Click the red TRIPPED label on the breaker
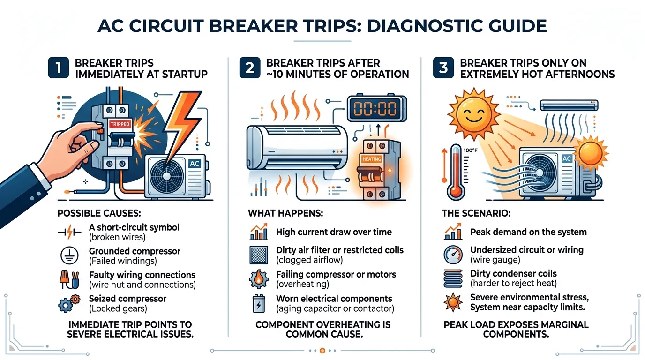click(x=120, y=124)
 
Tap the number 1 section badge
click(x=59, y=67)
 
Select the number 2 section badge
click(x=250, y=67)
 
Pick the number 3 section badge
click(x=443, y=67)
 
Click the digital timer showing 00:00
click(x=376, y=109)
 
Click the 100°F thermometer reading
click(x=471, y=150)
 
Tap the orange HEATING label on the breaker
click(x=371, y=159)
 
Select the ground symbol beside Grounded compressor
click(x=69, y=255)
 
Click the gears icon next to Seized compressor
click(x=69, y=304)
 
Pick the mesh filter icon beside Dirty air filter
click(x=259, y=255)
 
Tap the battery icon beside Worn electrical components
click(x=259, y=304)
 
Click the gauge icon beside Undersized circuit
click(x=453, y=255)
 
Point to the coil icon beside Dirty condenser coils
click(x=453, y=278)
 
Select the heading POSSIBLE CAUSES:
click(x=99, y=213)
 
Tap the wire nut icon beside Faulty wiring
click(x=69, y=280)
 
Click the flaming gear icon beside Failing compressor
click(x=259, y=279)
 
